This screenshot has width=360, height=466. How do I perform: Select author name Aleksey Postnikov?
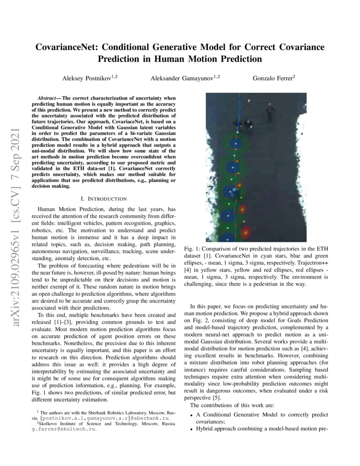pyautogui.click(x=87, y=78)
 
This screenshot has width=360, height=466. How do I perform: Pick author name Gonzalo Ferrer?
pyautogui.click(x=274, y=78)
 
